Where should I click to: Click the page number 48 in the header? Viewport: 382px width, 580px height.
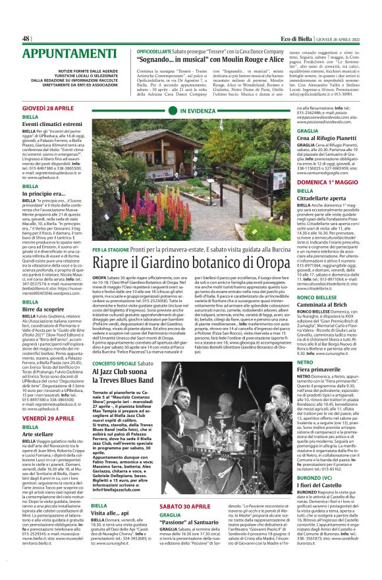pyautogui.click(x=26, y=38)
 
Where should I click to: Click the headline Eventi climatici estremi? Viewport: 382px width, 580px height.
pyautogui.click(x=52, y=124)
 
